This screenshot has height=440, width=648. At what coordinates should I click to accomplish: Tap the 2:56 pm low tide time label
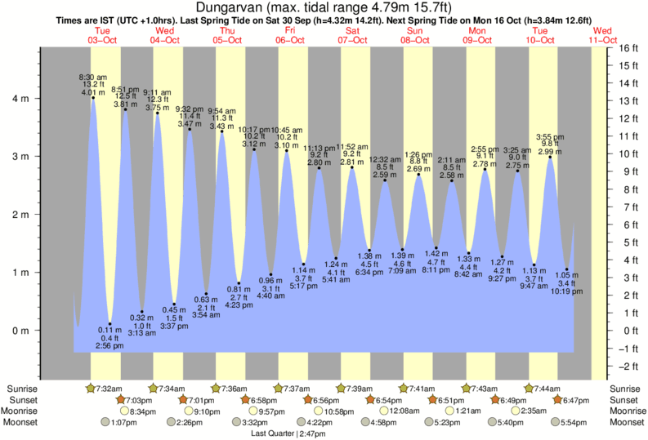click(x=109, y=346)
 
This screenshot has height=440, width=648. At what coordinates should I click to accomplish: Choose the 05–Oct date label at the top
click(x=226, y=40)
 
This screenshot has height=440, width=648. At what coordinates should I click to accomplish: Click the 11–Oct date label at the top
click(x=603, y=40)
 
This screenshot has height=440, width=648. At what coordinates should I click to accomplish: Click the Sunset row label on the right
click(x=624, y=400)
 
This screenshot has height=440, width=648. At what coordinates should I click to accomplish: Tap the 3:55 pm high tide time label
click(x=549, y=136)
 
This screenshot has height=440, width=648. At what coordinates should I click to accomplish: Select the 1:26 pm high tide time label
click(x=418, y=154)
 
